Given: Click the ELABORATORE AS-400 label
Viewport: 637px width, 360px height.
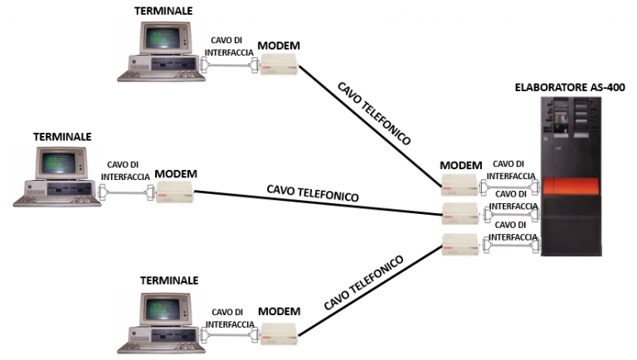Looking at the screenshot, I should (569, 86).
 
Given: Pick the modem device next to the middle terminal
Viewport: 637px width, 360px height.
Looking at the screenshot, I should (175, 192).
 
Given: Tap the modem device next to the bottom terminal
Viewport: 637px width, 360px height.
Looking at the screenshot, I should (279, 333).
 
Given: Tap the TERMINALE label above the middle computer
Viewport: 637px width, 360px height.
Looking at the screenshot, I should (62, 135).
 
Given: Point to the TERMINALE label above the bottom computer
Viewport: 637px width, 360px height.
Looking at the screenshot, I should (170, 280).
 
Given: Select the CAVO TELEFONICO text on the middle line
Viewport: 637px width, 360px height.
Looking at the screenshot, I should (313, 193).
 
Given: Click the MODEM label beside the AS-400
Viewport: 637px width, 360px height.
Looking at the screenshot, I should (460, 165).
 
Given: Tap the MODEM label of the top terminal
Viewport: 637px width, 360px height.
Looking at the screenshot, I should (279, 44).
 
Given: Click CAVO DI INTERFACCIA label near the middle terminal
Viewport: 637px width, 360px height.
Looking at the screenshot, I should (125, 171).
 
